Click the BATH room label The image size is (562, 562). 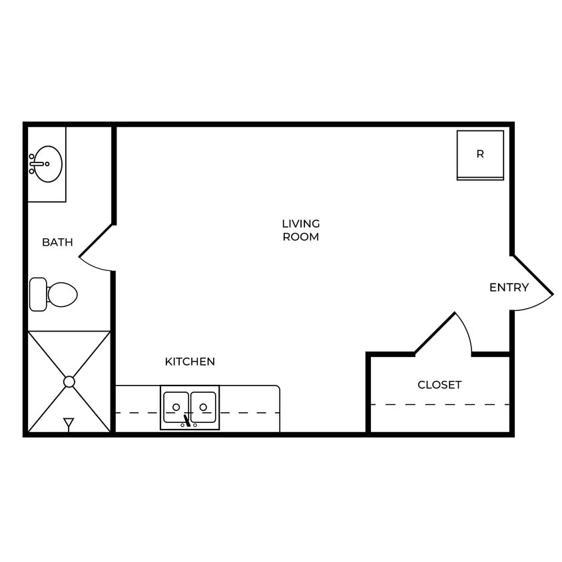(57, 242)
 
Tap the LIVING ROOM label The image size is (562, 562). (301, 230)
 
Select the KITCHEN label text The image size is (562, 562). (190, 362)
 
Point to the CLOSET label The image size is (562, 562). (439, 385)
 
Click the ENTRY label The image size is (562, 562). (509, 288)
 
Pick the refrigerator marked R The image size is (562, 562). (480, 155)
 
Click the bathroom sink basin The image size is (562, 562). (49, 164)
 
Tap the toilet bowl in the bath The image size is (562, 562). (63, 294)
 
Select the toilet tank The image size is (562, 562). (38, 294)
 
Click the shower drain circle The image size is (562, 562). (69, 382)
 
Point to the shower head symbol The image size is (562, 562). (69, 423)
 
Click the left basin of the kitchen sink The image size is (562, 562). (176, 406)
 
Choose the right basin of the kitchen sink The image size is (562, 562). (204, 406)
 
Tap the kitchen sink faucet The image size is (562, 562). (187, 420)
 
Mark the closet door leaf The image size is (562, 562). (435, 333)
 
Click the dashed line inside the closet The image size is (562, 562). (439, 404)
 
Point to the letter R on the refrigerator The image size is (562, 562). (480, 154)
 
